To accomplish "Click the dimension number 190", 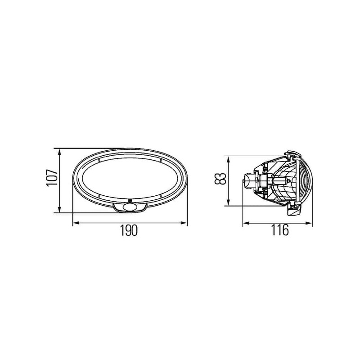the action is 129,230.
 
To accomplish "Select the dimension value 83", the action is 220,179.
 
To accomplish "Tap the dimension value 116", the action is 280,230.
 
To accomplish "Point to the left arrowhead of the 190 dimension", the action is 76,222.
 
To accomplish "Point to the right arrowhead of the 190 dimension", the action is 184,222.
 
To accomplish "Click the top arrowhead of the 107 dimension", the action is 59,152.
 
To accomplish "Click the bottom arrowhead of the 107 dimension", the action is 59,209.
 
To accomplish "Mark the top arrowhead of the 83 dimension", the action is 228,160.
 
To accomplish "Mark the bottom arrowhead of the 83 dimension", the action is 228,202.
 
